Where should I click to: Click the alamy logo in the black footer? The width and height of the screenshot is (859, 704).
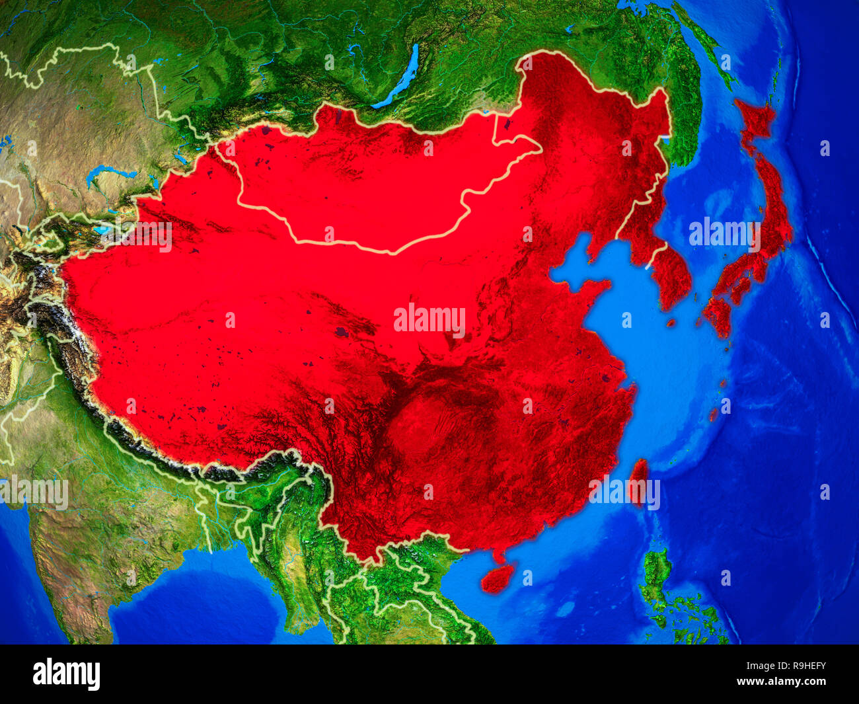(66, 674)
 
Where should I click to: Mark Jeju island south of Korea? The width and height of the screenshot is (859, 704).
(671, 323)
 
